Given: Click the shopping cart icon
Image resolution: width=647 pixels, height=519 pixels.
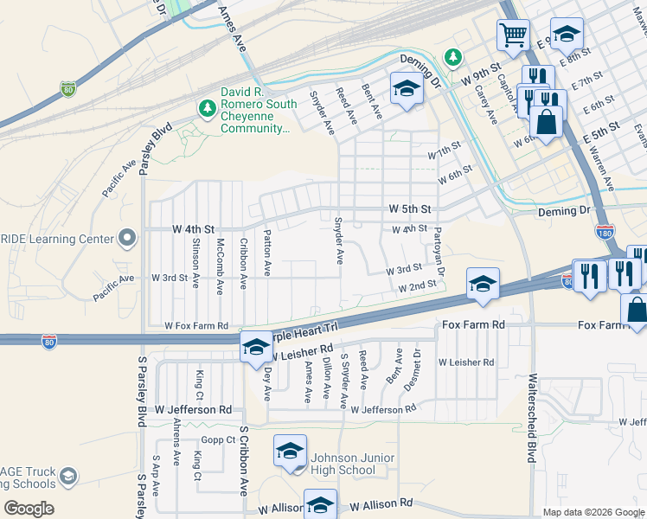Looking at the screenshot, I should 512,36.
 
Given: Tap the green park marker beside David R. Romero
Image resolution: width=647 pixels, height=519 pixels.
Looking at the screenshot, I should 206,109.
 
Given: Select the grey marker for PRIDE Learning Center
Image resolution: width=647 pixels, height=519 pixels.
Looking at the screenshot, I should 127,237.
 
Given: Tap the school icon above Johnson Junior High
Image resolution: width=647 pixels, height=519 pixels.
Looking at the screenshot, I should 290,451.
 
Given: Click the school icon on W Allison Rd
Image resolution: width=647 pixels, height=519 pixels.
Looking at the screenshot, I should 320,504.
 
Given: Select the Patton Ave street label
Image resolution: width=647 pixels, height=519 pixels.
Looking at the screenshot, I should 267,253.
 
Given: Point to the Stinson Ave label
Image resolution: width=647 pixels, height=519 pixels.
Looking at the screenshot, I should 197,257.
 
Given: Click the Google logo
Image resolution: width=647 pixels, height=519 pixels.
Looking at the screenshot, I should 28,508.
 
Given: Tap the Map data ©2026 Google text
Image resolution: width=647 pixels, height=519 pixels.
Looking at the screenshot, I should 593,512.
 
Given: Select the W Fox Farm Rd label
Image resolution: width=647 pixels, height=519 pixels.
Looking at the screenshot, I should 196,326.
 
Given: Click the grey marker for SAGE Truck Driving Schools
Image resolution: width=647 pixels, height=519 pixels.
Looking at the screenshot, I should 68,477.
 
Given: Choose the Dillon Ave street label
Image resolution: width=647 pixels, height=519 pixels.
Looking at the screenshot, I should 326,380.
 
